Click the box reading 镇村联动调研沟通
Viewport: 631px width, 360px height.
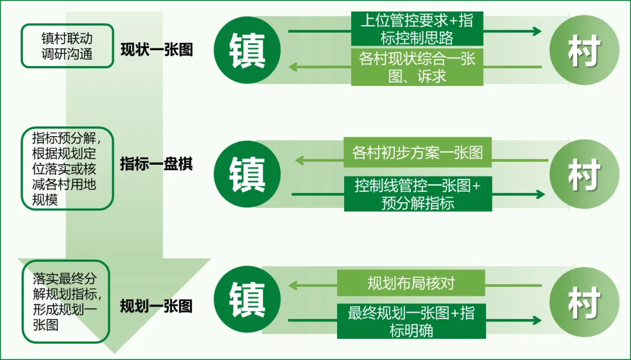click(x=67, y=46)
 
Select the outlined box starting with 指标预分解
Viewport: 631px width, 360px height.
click(x=67, y=168)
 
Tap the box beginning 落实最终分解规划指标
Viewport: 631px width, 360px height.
click(x=66, y=301)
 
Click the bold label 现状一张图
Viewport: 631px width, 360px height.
click(x=157, y=50)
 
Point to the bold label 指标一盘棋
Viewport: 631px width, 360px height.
click(x=156, y=164)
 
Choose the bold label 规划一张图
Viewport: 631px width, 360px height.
click(x=156, y=306)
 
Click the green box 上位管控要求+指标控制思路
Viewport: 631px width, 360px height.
click(x=417, y=29)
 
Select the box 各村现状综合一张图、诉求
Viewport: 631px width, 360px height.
click(x=417, y=67)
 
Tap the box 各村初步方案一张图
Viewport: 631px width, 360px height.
click(x=417, y=153)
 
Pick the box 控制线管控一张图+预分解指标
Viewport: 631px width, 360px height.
click(x=417, y=194)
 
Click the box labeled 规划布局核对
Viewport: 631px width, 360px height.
click(x=411, y=283)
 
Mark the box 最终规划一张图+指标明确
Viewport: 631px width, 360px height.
click(x=411, y=321)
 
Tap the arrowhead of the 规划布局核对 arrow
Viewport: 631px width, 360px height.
click(x=292, y=285)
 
